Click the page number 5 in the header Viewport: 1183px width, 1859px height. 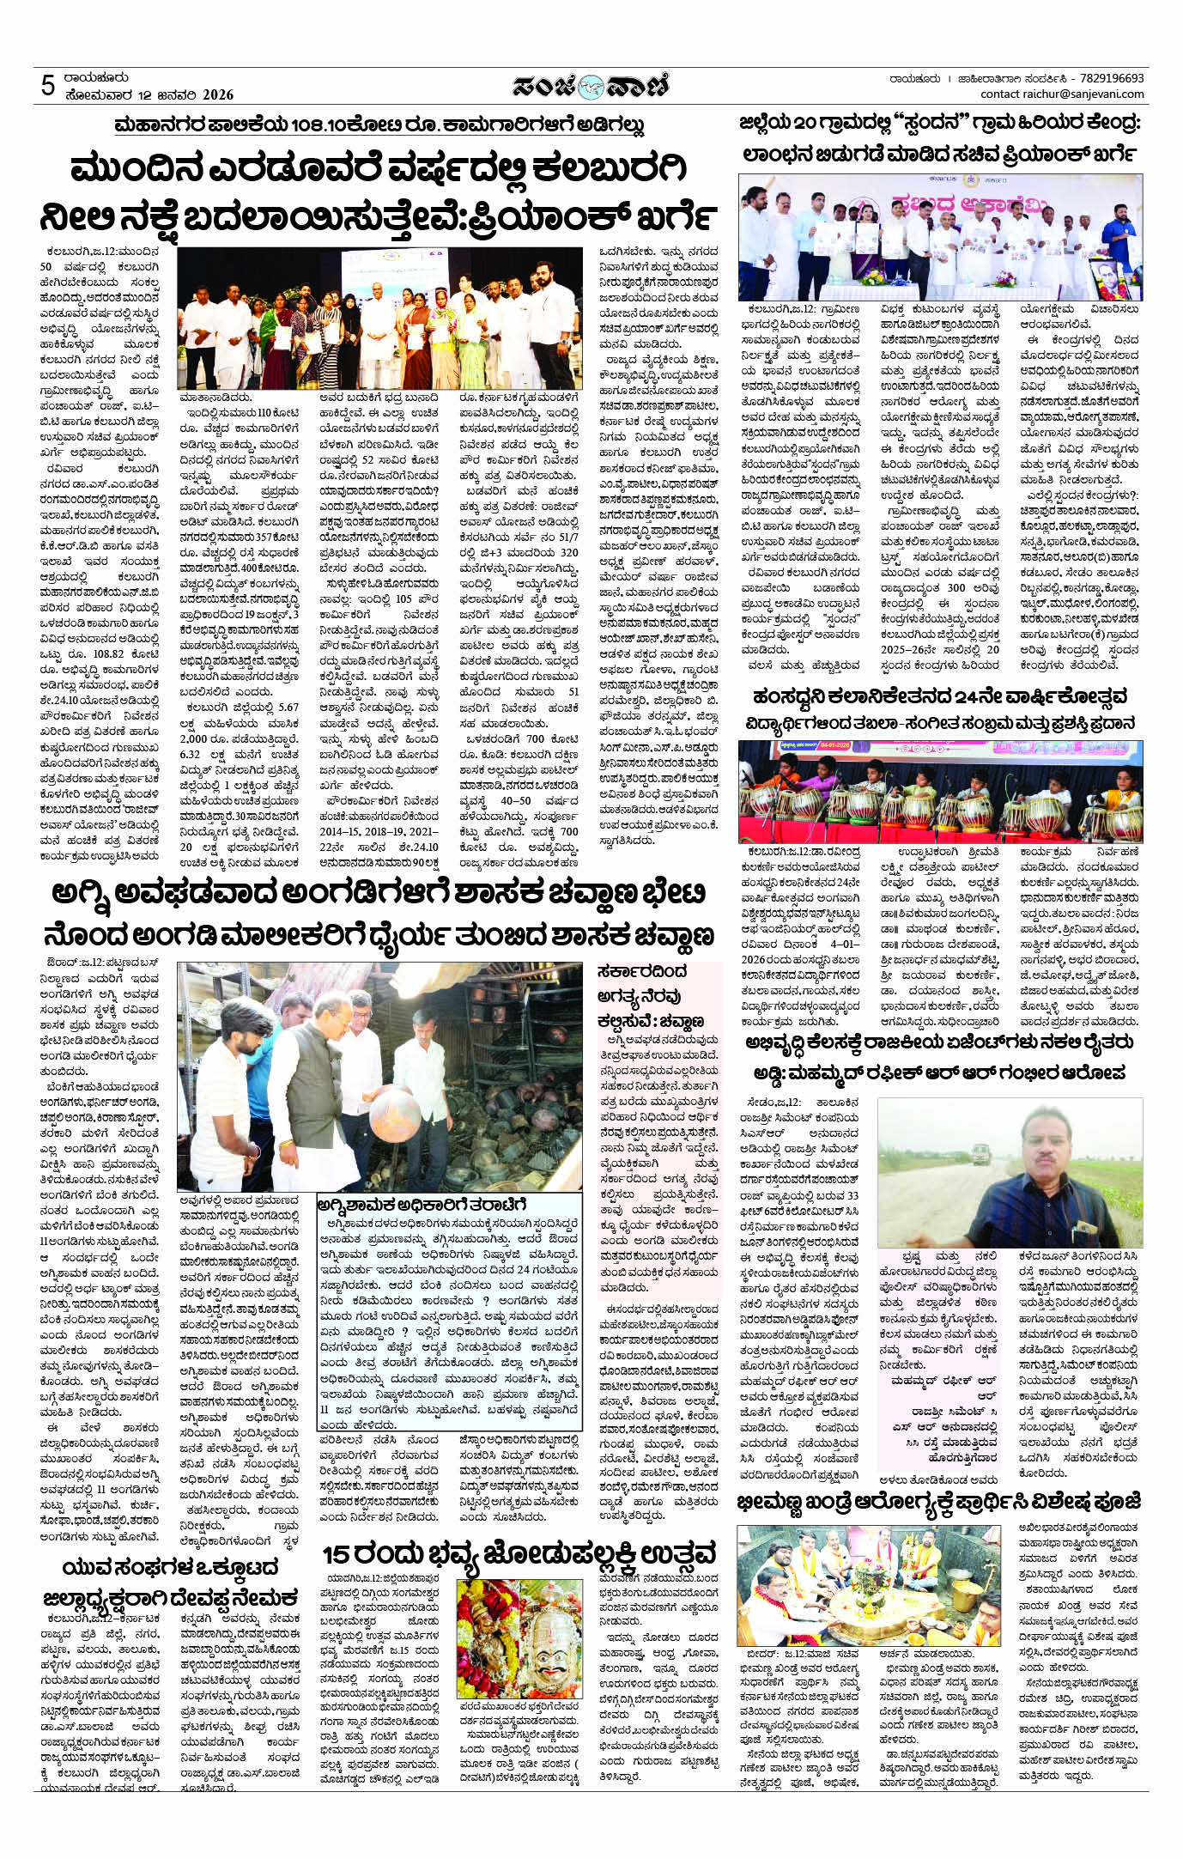coord(48,87)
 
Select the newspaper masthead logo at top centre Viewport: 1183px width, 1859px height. coord(591,86)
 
